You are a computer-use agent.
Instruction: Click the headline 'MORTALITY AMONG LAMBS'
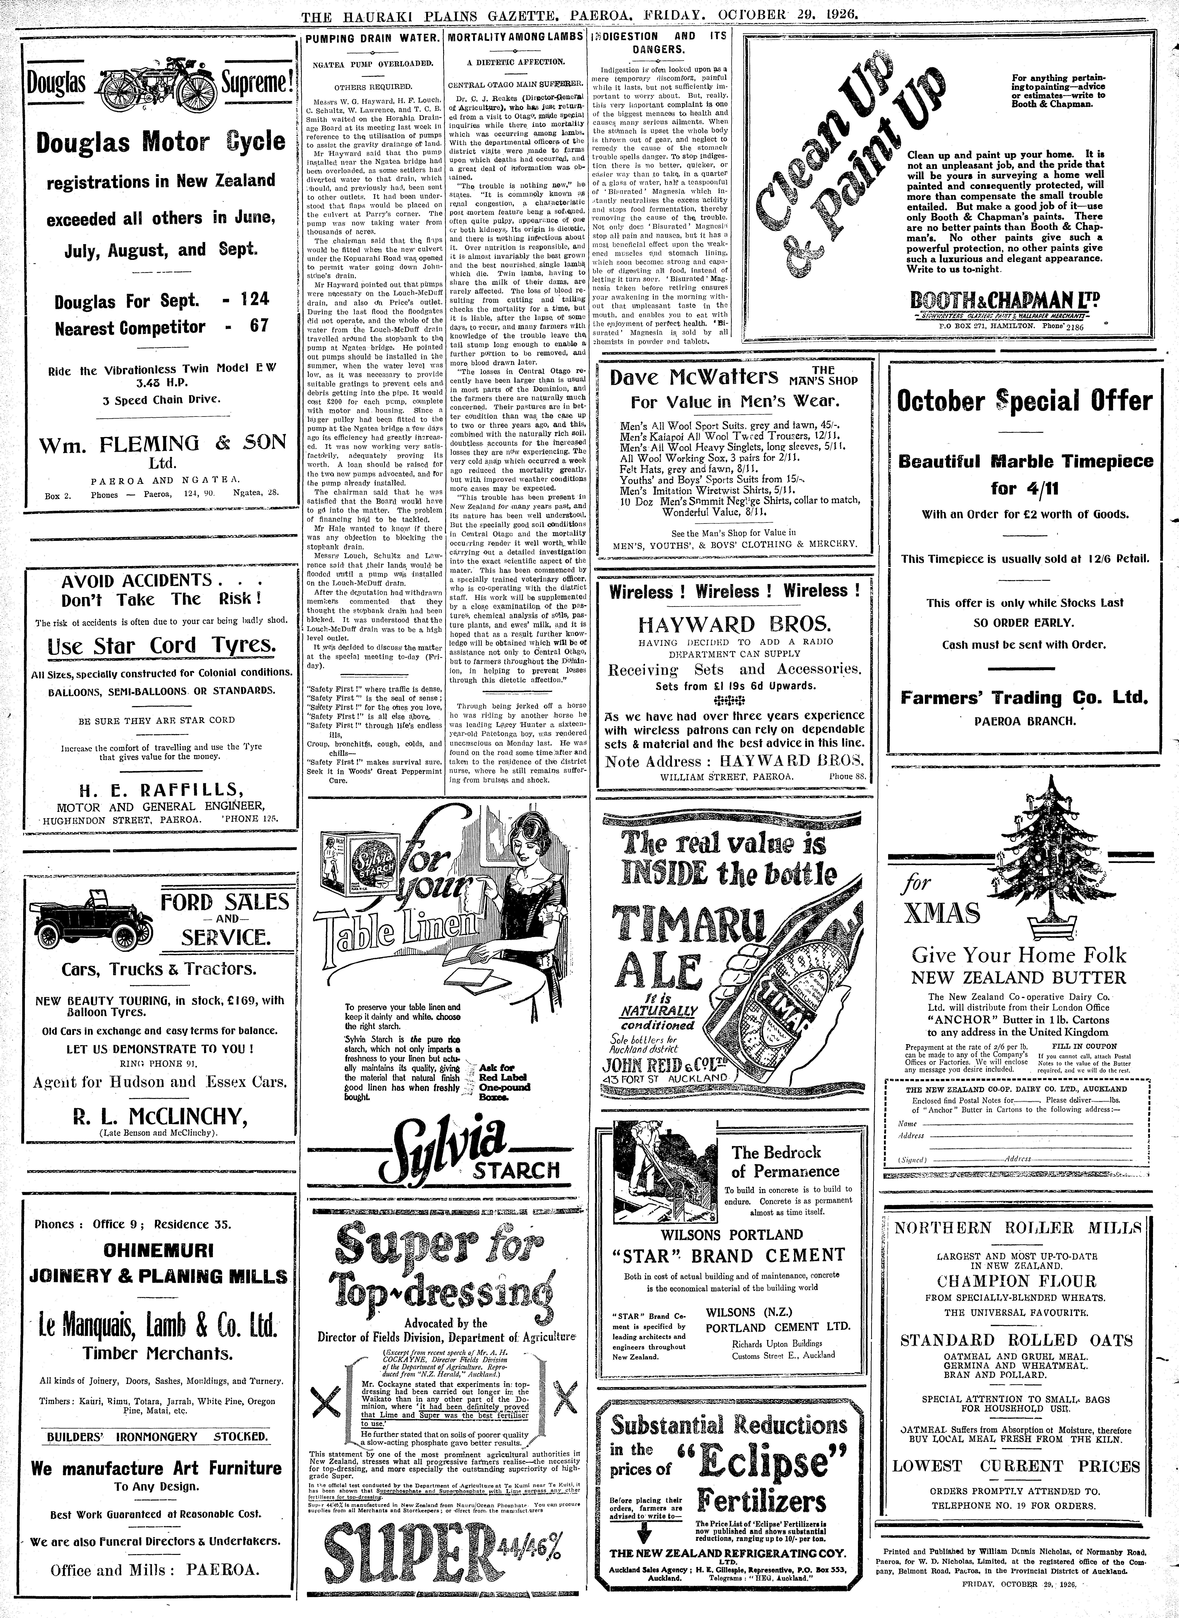click(x=515, y=36)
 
